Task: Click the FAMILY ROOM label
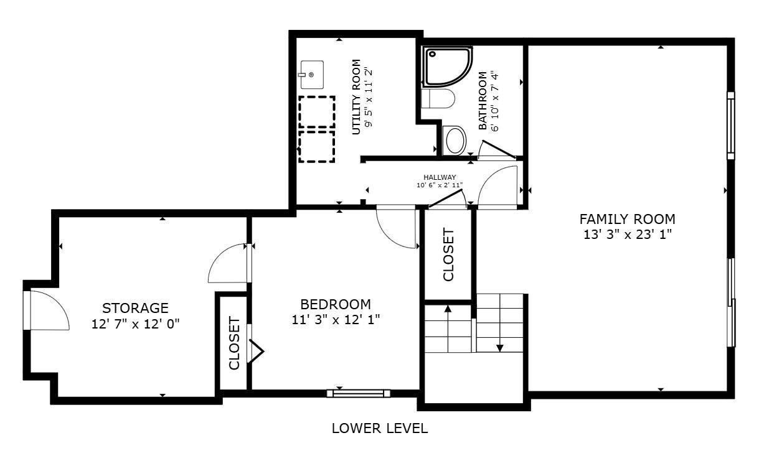(x=627, y=219)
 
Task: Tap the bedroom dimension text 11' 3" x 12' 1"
(x=336, y=320)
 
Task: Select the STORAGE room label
(x=135, y=308)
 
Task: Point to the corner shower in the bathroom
(x=448, y=67)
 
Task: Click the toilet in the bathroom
(x=438, y=99)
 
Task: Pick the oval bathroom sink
(x=455, y=140)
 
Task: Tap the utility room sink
(x=311, y=75)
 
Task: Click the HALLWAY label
(x=440, y=177)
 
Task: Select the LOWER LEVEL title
(x=380, y=429)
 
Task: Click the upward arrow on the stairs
(x=448, y=329)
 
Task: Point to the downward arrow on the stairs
(x=499, y=323)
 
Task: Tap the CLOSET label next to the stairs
(x=448, y=254)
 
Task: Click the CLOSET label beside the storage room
(x=234, y=343)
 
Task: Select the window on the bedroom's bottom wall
(x=359, y=393)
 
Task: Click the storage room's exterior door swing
(x=50, y=310)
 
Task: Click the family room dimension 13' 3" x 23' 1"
(x=628, y=235)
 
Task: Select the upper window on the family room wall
(x=730, y=126)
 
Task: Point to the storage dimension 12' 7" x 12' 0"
(x=135, y=324)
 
